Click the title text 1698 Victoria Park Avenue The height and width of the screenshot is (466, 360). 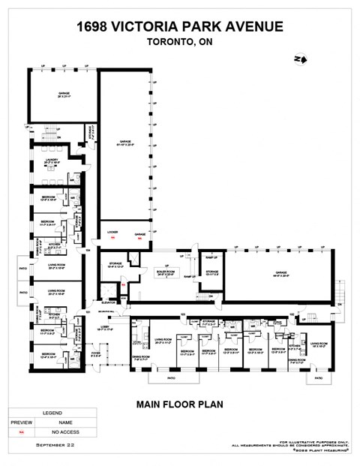[x=180, y=27]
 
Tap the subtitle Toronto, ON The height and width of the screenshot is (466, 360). [x=180, y=43]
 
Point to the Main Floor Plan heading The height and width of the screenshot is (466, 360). [x=180, y=404]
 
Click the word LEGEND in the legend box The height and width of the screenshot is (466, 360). [x=52, y=413]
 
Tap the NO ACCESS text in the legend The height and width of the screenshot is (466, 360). [x=66, y=433]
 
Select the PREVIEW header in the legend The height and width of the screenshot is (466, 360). [x=22, y=423]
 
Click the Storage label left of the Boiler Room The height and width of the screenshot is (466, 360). [x=115, y=264]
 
